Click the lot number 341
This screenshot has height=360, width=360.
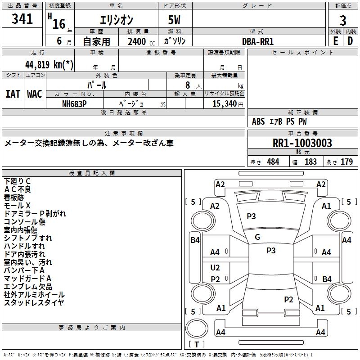point(22,19)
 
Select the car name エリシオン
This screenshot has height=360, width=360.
point(116,20)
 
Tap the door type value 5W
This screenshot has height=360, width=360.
point(175,20)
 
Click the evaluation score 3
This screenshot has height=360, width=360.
point(343,20)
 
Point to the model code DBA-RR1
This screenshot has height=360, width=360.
point(258,41)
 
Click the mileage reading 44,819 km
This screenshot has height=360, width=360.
point(49,65)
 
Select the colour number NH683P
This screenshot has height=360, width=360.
point(75,103)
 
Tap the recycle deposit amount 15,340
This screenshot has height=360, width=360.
point(224,103)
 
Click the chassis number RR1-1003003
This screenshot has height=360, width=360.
point(302,143)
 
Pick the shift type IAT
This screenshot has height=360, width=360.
point(13,94)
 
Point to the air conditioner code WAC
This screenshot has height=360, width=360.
point(34,94)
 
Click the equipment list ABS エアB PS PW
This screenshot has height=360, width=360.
point(279,121)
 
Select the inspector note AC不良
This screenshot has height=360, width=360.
point(18,189)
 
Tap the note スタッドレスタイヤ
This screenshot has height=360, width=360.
point(34,303)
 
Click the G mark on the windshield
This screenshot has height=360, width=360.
point(257,237)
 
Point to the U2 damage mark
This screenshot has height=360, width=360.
point(215,268)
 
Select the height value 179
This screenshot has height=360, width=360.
point(346,162)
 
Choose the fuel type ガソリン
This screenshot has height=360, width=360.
point(175,41)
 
